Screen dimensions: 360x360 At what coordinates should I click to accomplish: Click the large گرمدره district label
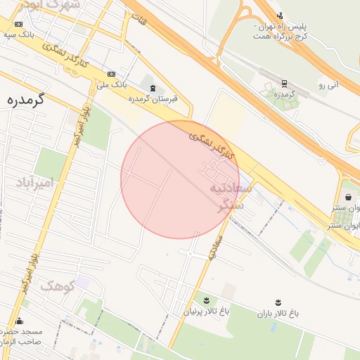point(25,99)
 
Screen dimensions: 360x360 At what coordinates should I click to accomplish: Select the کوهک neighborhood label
point(57,286)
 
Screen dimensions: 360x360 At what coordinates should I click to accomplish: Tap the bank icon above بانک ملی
point(112,74)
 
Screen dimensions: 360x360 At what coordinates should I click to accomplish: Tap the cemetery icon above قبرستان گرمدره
point(153,87)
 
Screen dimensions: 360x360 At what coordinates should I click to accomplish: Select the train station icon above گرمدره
point(284,83)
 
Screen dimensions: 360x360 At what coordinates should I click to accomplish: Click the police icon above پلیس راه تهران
point(281,15)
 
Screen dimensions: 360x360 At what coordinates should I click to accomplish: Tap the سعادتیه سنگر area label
point(228,197)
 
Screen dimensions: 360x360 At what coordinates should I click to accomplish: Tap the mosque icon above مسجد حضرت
point(19,321)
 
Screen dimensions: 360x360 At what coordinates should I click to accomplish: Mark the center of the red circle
point(180,179)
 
